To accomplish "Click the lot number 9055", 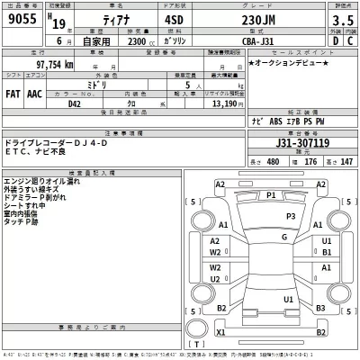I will tap(22, 24).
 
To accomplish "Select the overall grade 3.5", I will tap(338, 24).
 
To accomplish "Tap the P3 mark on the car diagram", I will tap(290, 217).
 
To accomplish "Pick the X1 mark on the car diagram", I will tap(220, 332).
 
